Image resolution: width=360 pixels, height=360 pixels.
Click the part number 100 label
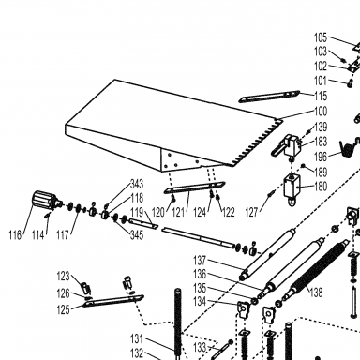pos(321,112)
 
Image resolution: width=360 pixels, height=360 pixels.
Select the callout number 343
pos(137,184)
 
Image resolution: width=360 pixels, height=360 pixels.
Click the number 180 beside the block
pos(321,187)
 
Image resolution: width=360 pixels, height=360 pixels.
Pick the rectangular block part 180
pos(292,187)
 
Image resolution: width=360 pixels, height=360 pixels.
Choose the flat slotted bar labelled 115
pos(269,97)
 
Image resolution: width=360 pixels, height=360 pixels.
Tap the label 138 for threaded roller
pos(316,292)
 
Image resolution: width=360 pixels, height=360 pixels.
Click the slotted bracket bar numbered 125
pos(113,301)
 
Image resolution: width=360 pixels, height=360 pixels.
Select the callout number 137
pos(200,261)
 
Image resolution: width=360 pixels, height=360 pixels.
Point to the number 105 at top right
pos(321,37)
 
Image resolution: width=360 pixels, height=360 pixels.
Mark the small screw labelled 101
pos(351,83)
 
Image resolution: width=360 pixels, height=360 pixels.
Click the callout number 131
pos(137,338)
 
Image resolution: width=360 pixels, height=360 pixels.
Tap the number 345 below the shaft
pos(137,235)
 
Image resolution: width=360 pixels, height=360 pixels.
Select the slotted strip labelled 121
pos(194,187)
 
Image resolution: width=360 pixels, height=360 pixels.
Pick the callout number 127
pos(252,213)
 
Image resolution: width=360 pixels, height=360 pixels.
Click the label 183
pos(321,142)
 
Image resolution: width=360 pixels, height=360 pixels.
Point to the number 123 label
pos(64,277)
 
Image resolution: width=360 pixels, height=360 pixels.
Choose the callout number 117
pos(63,235)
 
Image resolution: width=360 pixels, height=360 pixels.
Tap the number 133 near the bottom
pos(200,347)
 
